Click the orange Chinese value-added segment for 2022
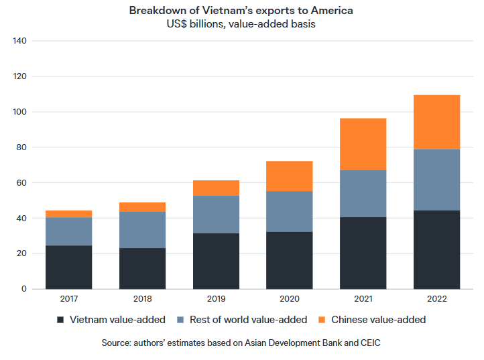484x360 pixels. click(x=436, y=122)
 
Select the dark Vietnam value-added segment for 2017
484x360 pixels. click(x=69, y=267)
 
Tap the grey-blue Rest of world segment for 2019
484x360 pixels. click(x=216, y=215)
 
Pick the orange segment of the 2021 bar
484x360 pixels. click(x=363, y=144)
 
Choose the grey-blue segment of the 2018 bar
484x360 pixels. click(x=142, y=230)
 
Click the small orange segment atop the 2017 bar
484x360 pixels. click(x=69, y=214)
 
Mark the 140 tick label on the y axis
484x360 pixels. click(x=19, y=41)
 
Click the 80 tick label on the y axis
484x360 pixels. click(x=21, y=147)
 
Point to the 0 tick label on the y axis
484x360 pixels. click(x=23, y=289)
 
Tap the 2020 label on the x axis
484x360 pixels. click(x=290, y=299)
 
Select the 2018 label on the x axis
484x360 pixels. click(x=142, y=299)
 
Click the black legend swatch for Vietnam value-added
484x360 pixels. click(x=61, y=320)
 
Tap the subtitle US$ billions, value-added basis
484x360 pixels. click(x=241, y=24)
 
